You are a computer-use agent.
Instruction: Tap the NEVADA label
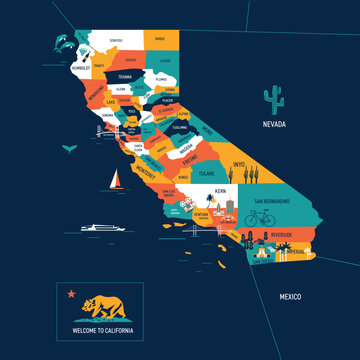click(x=275, y=125)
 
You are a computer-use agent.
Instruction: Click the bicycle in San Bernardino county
click(x=256, y=217)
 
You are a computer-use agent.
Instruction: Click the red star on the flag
click(x=71, y=294)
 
